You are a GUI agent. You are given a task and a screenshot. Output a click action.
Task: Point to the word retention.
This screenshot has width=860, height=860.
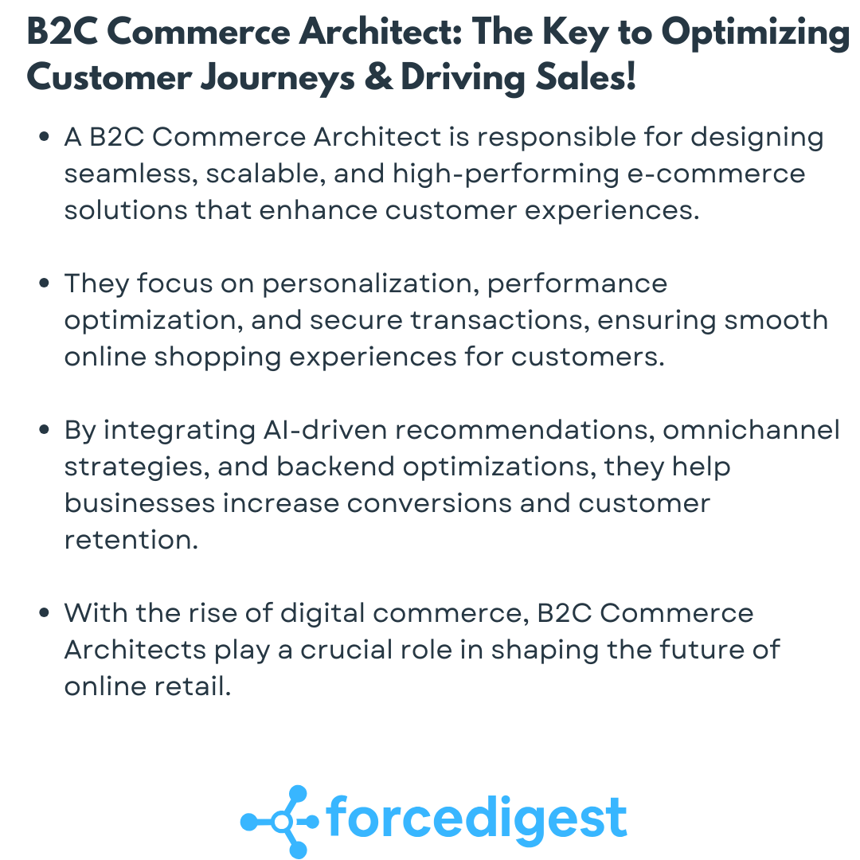coord(129,540)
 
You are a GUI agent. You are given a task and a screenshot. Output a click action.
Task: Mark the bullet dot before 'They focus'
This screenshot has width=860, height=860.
coord(45,284)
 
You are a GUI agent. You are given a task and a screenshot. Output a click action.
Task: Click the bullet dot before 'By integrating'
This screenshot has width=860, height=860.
coord(45,431)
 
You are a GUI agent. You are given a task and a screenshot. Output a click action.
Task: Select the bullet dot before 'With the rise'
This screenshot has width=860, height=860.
coord(45,614)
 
